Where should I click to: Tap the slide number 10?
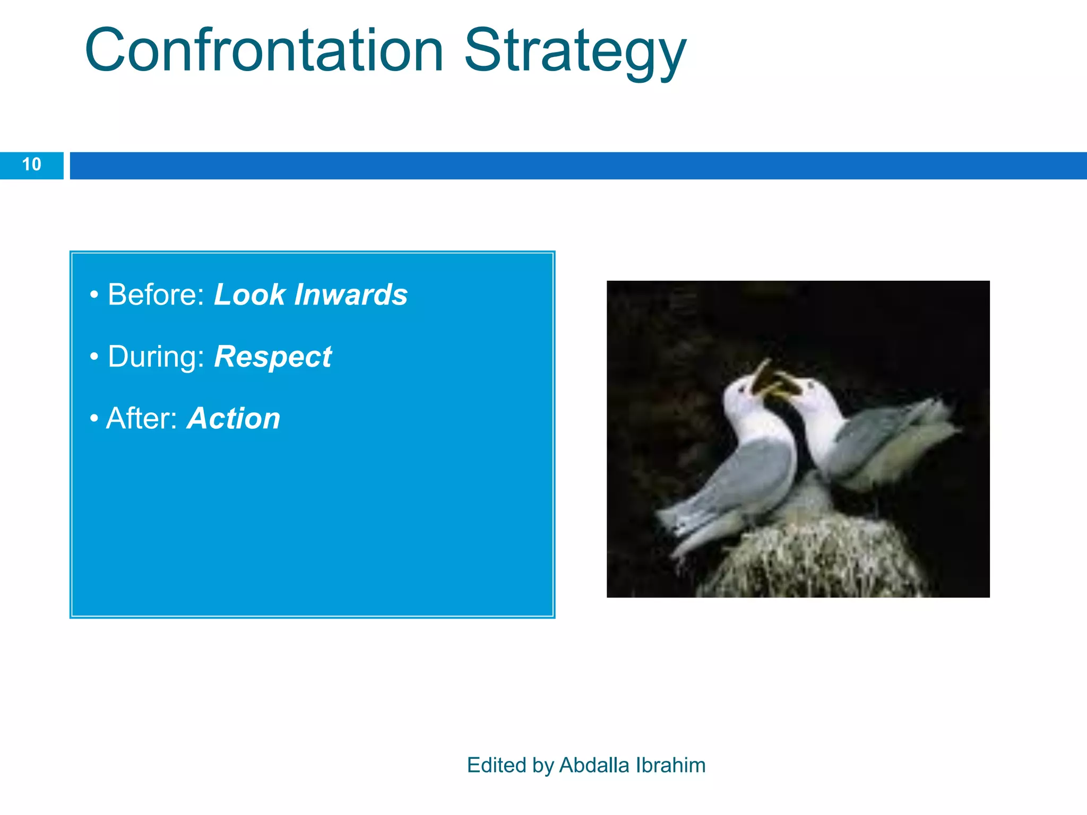pyautogui.click(x=31, y=165)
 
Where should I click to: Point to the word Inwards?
pyautogui.click(x=351, y=294)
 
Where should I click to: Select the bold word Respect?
pyautogui.click(x=273, y=357)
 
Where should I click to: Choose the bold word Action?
pyautogui.click(x=234, y=419)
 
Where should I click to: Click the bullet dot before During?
pyautogui.click(x=94, y=357)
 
